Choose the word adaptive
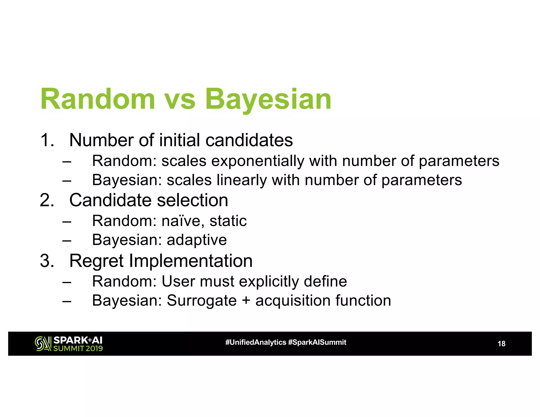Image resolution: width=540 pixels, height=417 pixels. pos(197,240)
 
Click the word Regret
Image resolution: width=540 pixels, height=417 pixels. pos(96,261)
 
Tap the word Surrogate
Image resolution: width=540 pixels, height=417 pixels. pos(202,301)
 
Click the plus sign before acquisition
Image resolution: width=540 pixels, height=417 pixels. pos(246,301)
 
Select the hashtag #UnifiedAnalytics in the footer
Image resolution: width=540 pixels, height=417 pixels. pos(255,342)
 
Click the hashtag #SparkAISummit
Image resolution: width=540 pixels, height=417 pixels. pos(317,342)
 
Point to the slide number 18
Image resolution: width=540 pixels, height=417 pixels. pos(501,344)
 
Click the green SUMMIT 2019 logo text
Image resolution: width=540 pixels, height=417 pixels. pos(78,348)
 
